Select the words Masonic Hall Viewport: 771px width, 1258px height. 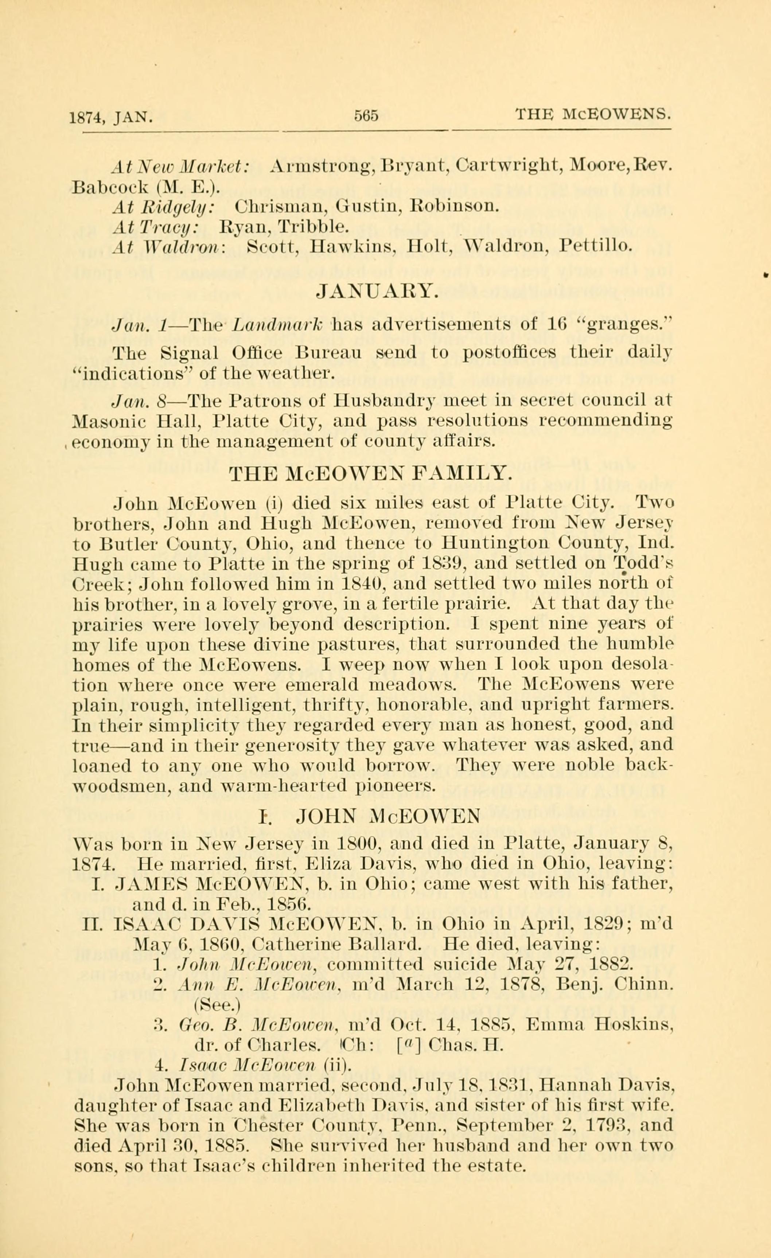coord(139,422)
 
